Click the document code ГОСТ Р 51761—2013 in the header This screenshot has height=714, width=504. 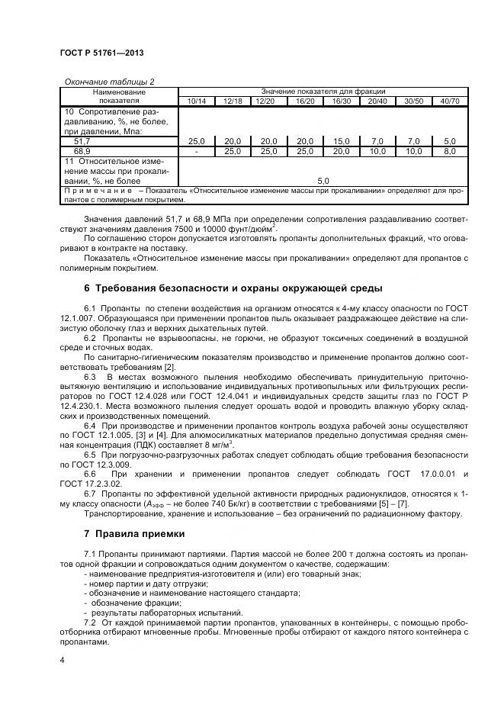101,53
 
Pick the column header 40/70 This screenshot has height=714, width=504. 450,101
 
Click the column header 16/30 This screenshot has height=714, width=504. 341,101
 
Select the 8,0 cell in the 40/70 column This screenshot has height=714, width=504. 450,152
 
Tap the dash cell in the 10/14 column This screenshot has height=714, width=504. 196,152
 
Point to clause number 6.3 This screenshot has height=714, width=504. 90,377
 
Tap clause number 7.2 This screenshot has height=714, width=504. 90,622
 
